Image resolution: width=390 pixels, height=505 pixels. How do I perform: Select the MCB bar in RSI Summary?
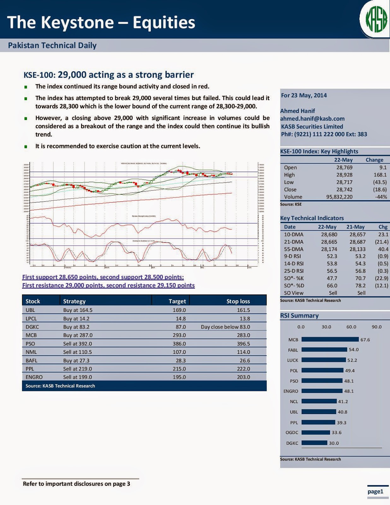(x=330, y=339)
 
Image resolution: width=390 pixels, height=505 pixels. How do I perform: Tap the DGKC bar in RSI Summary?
(x=314, y=443)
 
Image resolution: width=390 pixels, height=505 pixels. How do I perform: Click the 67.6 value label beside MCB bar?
(x=365, y=340)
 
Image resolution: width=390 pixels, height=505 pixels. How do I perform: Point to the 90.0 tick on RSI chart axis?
(x=376, y=327)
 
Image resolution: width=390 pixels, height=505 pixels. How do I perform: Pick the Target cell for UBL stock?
(x=179, y=310)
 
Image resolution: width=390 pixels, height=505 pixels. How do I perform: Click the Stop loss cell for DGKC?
(x=225, y=327)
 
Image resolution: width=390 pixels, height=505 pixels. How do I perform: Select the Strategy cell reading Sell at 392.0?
(x=77, y=343)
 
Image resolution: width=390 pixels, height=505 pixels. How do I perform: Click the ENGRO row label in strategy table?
(x=34, y=377)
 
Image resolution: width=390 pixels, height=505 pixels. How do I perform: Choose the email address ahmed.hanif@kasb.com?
(x=312, y=119)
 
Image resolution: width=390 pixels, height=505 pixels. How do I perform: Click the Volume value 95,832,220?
(x=339, y=197)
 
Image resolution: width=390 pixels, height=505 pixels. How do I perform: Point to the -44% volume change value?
(x=381, y=197)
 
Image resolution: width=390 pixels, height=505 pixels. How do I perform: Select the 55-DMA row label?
(x=293, y=249)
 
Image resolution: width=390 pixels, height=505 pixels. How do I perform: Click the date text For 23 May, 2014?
(x=304, y=95)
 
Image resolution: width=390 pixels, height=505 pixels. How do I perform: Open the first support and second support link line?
(x=103, y=277)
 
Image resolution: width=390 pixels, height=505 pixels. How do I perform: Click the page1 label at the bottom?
(x=375, y=491)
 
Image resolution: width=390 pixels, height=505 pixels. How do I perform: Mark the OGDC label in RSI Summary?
(x=292, y=432)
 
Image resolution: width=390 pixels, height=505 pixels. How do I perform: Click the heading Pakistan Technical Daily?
(x=52, y=45)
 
